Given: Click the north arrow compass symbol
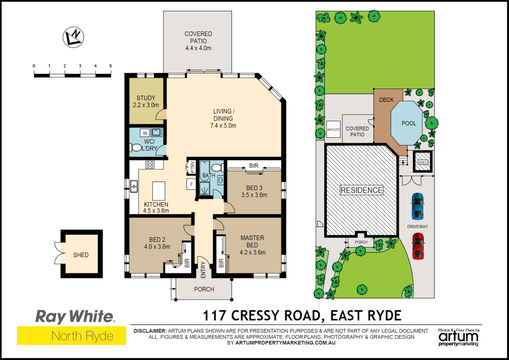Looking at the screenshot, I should click(73, 37).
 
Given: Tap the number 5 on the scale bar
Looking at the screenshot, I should click(111, 66).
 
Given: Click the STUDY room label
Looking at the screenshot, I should click(146, 98).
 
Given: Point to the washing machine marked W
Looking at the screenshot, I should click(145, 133).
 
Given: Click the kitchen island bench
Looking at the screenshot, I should click(159, 191).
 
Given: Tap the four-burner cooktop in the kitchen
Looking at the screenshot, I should click(150, 164).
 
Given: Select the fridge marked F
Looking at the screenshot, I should click(192, 184).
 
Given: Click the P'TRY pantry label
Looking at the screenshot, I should click(192, 167).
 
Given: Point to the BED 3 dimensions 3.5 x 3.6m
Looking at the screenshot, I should click(254, 195).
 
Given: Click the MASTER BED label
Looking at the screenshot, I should click(252, 241).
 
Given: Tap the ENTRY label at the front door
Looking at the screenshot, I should click(203, 270).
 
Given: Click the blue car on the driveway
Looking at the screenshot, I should click(417, 206).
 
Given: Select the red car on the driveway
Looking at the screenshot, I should click(418, 246).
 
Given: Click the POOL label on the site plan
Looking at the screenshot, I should click(409, 123).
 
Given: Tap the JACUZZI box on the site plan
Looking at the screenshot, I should click(333, 129).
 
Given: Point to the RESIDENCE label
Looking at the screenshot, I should click(361, 190).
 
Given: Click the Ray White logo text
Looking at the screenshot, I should click(75, 316).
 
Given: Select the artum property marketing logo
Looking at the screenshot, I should click(458, 338).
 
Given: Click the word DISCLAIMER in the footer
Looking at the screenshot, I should click(150, 331).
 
